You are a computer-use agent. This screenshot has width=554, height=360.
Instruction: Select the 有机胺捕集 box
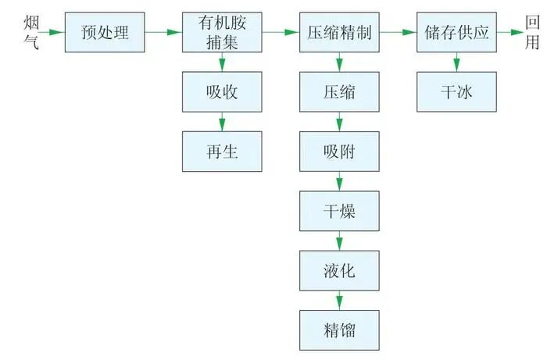tap(222, 33)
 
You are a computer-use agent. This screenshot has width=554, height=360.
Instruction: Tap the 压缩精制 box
tap(339, 33)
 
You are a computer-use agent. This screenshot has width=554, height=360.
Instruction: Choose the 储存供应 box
tap(456, 33)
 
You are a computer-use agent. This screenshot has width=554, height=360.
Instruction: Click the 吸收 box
tap(222, 92)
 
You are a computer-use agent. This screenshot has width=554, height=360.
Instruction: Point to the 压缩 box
tap(339, 92)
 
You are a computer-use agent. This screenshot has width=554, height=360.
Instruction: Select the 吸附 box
tap(339, 151)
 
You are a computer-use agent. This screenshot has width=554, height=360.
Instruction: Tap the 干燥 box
tap(339, 211)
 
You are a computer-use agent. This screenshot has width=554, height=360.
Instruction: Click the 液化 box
tap(339, 270)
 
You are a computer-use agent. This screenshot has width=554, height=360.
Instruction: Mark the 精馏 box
tap(339, 330)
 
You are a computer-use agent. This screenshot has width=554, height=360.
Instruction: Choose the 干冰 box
tap(456, 92)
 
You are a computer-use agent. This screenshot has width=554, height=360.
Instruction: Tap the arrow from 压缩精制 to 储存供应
tap(398, 33)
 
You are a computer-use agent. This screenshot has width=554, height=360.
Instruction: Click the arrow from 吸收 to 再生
tap(222, 122)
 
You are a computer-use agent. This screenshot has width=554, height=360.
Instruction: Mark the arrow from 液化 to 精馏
tap(339, 300)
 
